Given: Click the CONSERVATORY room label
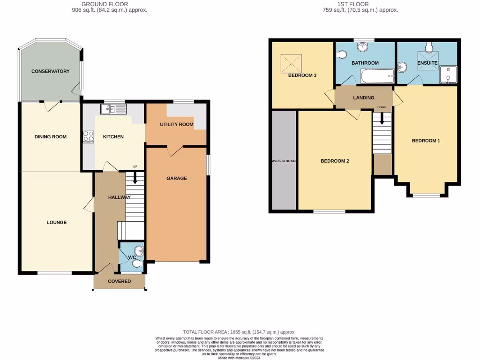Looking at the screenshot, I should click(50, 71).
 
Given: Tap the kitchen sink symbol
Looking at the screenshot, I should click(113, 110).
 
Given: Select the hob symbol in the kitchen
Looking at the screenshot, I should click(88, 136).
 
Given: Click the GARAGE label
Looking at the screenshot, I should click(177, 178).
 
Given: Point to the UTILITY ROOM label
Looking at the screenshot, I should click(176, 124).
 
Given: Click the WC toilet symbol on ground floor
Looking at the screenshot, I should click(137, 264).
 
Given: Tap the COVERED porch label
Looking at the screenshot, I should click(119, 281).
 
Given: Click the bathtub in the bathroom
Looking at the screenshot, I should click(377, 76).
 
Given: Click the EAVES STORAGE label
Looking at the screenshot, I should click(283, 161).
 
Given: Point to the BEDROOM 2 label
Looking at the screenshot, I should click(335, 161).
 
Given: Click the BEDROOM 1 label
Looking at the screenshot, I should click(426, 141).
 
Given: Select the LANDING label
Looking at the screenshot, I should click(364, 97).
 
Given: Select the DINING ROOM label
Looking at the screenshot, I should click(51, 137).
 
